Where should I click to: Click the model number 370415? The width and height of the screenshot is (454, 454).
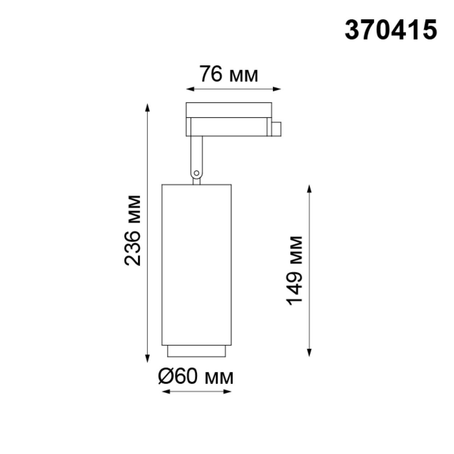click(x=391, y=30)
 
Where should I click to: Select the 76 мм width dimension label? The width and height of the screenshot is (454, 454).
click(x=229, y=74)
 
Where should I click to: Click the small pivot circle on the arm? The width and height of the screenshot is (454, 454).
click(x=196, y=173)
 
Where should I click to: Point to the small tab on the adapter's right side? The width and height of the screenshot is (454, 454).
click(x=276, y=129)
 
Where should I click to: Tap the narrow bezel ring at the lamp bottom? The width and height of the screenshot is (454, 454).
click(x=196, y=351)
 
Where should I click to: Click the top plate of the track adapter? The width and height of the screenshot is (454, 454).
click(x=229, y=110)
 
